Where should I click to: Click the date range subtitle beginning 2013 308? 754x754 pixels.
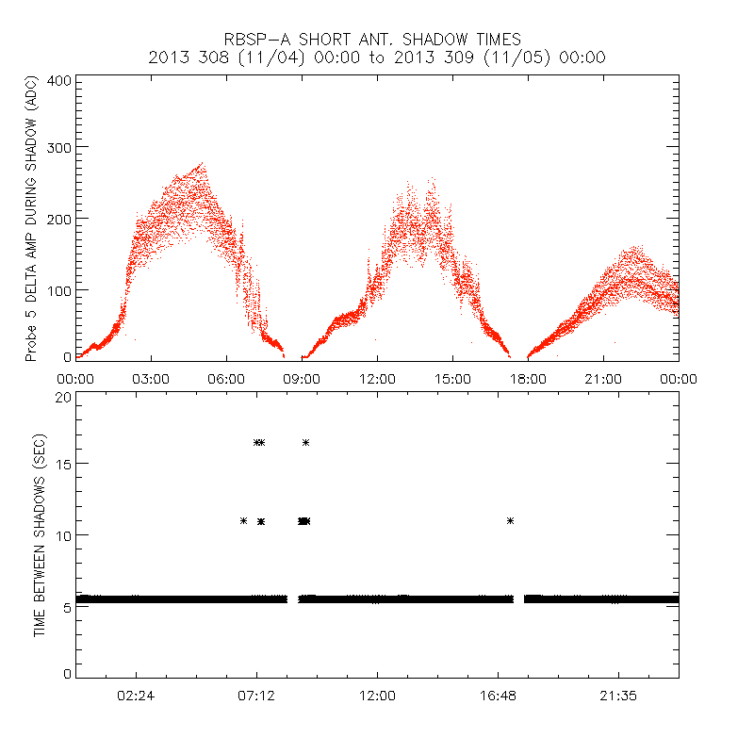(377, 57)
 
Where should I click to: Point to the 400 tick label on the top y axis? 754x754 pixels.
(58, 81)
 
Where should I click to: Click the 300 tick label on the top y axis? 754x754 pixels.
(58, 148)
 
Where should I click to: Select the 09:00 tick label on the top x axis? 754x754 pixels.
(302, 379)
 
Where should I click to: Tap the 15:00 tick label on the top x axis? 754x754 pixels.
(452, 379)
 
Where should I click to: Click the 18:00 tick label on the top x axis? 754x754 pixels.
(528, 379)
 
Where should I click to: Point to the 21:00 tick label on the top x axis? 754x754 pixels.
(603, 379)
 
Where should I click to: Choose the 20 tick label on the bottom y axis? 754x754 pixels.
(62, 397)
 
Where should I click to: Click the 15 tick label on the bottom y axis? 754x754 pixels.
(62, 464)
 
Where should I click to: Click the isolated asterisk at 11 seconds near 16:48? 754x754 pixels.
(510, 520)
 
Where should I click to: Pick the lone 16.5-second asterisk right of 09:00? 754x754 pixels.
(305, 442)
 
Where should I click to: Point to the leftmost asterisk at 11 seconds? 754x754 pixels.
(243, 520)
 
